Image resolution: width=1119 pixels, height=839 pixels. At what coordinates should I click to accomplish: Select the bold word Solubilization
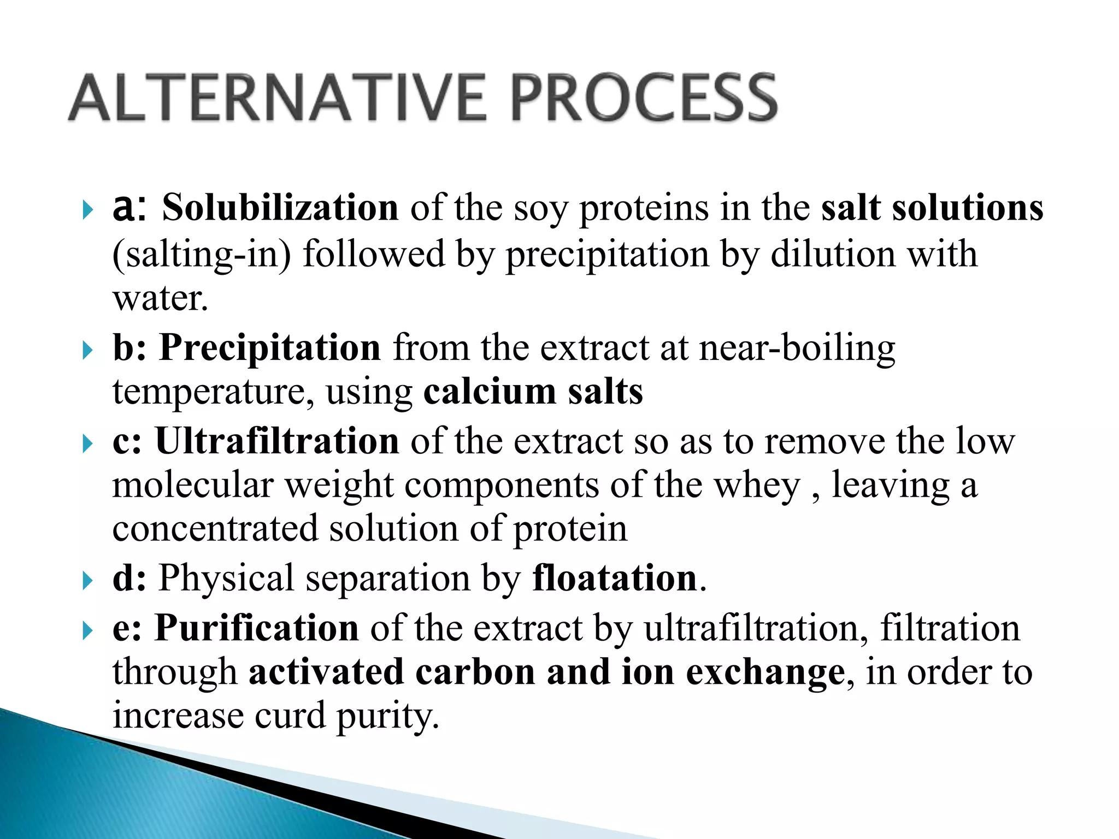pos(280,208)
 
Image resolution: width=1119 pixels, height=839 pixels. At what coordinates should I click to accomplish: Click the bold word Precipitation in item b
pos(270,348)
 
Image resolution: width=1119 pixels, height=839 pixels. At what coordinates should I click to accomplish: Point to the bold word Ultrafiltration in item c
pos(277,441)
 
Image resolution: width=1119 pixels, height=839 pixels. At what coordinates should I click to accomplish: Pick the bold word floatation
pos(615,578)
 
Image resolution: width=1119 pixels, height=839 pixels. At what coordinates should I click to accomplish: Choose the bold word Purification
pos(257,628)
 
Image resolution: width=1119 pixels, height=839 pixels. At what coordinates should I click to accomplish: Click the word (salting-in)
pos(202,255)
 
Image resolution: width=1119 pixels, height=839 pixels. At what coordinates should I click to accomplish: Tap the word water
pos(160,299)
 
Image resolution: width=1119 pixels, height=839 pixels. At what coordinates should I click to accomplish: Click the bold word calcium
pos(490,392)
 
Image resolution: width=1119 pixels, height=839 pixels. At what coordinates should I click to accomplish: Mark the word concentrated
pos(215,529)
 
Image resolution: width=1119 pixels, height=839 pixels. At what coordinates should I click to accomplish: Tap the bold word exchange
pos(765,672)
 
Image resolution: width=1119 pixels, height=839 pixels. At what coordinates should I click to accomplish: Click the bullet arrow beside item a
pos(87,210)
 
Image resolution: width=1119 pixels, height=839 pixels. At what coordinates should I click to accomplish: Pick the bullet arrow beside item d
pos(87,580)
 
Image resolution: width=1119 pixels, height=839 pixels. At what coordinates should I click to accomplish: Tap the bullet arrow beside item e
pos(87,630)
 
